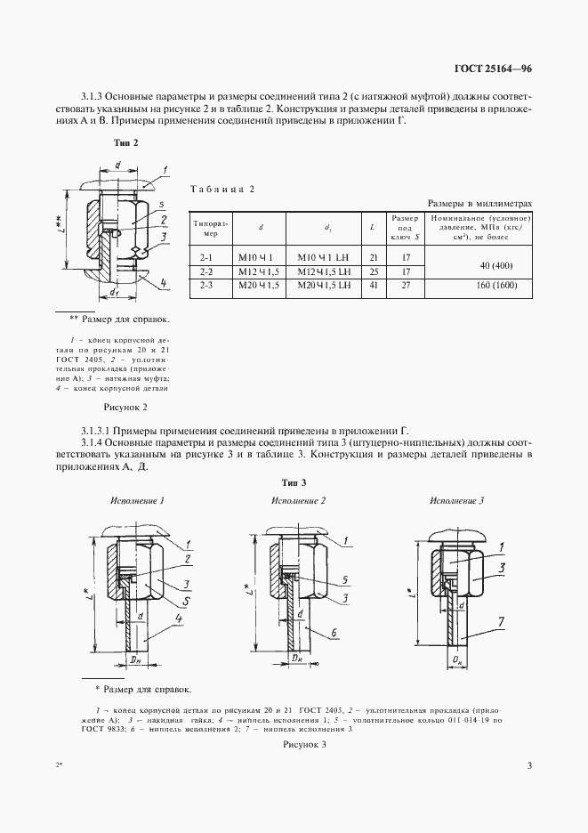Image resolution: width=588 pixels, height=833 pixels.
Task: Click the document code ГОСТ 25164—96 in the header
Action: [x=495, y=70]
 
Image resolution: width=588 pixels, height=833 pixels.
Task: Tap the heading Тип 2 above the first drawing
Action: [x=125, y=142]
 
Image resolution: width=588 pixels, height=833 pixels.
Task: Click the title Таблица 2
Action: [x=223, y=190]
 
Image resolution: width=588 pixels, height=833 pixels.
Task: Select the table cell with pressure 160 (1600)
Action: [x=479, y=286]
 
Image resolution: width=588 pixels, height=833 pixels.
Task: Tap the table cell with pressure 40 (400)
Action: [x=479, y=264]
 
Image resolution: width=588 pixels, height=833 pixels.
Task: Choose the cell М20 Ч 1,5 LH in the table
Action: [x=323, y=286]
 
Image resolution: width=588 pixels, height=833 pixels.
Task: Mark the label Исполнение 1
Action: [x=137, y=501]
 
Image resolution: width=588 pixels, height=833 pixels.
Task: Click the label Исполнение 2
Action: [x=298, y=501]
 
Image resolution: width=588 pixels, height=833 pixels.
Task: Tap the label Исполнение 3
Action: [x=456, y=501]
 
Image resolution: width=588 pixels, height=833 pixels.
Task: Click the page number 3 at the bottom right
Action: [x=529, y=766]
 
